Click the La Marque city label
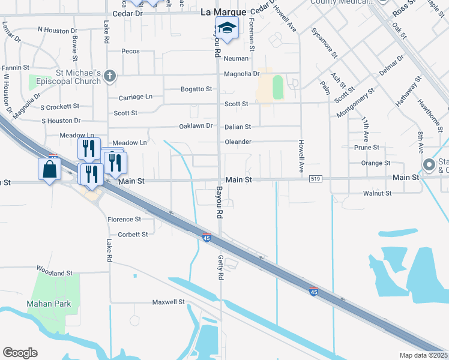coord(223,12)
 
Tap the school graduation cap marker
coord(227,29)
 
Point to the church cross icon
coord(109,76)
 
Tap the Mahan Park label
coord(49,304)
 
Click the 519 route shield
coord(316,179)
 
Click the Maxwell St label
coord(168,302)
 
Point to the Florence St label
coord(124,220)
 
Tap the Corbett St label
coord(133,234)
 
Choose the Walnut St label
coord(377,193)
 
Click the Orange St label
coord(376,163)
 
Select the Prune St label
coord(367,147)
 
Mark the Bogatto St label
coord(197,89)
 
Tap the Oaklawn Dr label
coord(196,126)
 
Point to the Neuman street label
coord(236,58)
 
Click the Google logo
coord(20,353)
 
